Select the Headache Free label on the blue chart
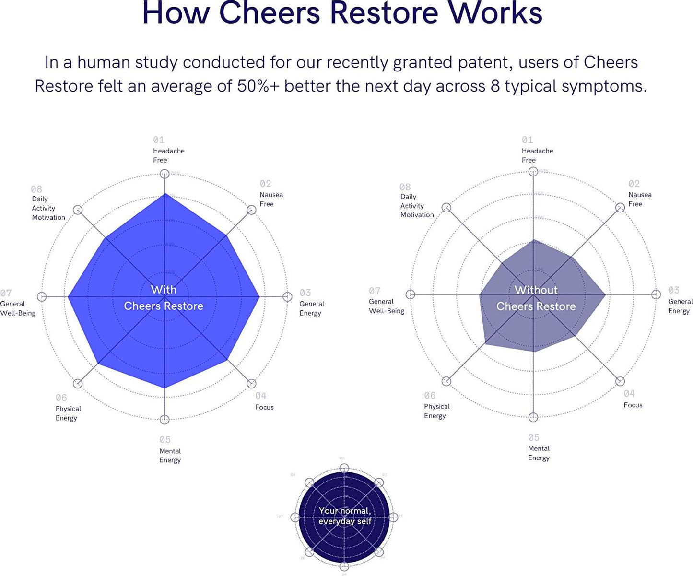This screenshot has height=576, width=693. [x=168, y=155]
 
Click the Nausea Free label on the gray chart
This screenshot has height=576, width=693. [x=639, y=199]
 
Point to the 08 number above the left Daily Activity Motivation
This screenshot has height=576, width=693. [x=36, y=189]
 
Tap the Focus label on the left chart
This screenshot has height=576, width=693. [x=264, y=407]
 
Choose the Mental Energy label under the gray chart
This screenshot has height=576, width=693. [x=539, y=453]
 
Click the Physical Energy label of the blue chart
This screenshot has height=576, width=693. [x=68, y=413]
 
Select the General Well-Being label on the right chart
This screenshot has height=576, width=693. [x=386, y=306]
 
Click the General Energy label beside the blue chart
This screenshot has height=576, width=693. [x=311, y=308]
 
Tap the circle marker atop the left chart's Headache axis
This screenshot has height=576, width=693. [x=164, y=174]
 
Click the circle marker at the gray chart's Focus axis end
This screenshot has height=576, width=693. [x=620, y=381]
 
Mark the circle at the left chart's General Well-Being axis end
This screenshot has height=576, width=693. [x=42, y=297]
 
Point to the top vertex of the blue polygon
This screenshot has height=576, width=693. [x=164, y=194]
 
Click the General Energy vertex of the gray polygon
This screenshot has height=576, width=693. [x=605, y=294]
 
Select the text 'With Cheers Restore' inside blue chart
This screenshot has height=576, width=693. [x=164, y=298]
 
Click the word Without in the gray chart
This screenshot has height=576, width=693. [x=536, y=290]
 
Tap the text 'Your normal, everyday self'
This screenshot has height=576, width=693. [x=345, y=516]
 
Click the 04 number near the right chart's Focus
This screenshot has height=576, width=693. [x=629, y=394]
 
